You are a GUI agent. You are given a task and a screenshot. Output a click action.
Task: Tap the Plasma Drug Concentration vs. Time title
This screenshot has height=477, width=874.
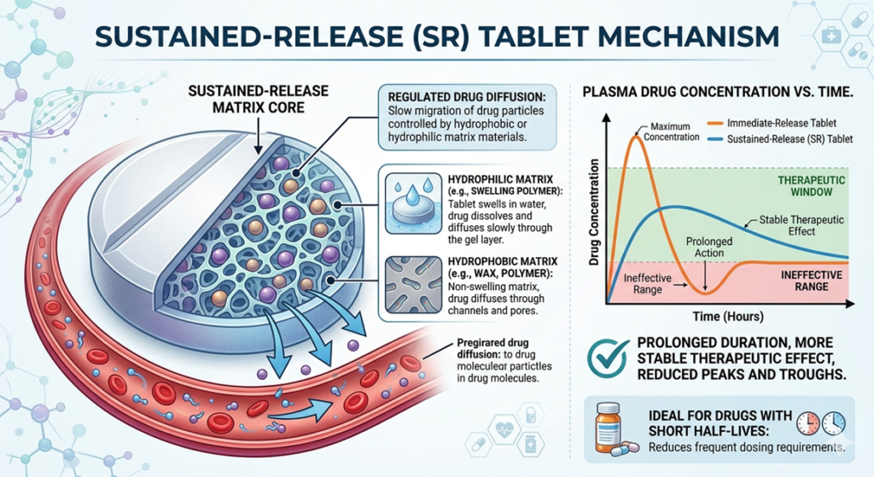(723, 91)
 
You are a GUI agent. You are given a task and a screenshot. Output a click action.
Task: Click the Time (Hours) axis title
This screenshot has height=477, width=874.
(717, 317)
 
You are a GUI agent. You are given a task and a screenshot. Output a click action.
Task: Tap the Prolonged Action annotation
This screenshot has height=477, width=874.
(708, 247)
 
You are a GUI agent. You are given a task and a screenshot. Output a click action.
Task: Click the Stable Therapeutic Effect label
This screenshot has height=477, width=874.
(802, 225)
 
